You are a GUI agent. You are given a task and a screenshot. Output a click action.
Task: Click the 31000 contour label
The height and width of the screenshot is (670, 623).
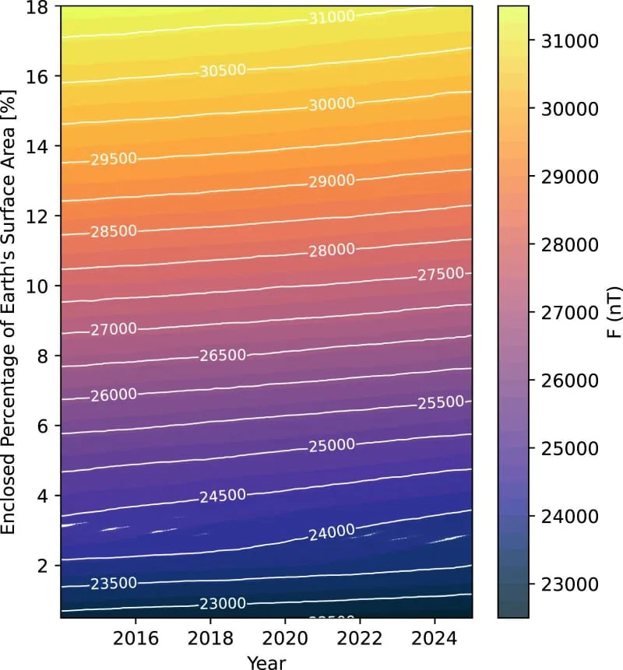pos(332,17)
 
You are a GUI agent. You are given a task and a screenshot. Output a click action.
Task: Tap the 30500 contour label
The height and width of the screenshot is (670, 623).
pos(223,70)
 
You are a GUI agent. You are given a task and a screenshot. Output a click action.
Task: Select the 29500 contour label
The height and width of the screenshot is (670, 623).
pos(114,160)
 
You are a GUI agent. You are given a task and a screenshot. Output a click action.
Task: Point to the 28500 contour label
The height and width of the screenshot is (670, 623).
pos(114,231)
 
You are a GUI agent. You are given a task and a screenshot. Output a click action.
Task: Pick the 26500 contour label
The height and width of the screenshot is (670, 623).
pos(223,356)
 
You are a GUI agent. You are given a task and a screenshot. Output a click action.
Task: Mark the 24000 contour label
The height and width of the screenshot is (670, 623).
pos(332,533)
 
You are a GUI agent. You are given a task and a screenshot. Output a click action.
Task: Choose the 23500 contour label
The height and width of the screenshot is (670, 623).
pos(114,584)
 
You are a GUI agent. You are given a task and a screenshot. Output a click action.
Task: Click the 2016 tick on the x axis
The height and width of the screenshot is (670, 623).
pos(136,637)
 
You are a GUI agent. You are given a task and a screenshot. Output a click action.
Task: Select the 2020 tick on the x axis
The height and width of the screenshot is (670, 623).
pos(285,637)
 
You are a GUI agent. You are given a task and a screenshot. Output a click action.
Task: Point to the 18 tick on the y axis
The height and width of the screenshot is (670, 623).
pos(41,7)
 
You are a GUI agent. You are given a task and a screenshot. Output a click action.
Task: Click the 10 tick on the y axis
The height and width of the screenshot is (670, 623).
pos(41,286)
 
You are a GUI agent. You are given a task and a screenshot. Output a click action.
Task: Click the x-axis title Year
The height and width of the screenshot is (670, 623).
pos(266,661)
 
